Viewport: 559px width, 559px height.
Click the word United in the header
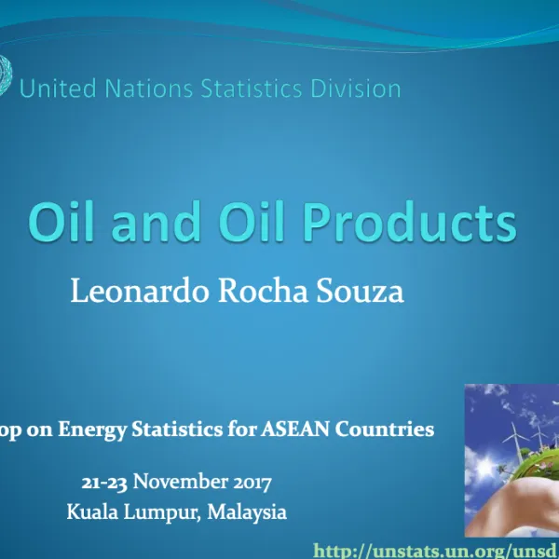(x=54, y=89)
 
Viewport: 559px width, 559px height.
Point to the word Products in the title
(x=409, y=223)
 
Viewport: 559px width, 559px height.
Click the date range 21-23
(x=104, y=483)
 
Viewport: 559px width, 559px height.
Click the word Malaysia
(x=247, y=511)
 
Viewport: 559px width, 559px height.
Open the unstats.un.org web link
(x=436, y=551)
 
